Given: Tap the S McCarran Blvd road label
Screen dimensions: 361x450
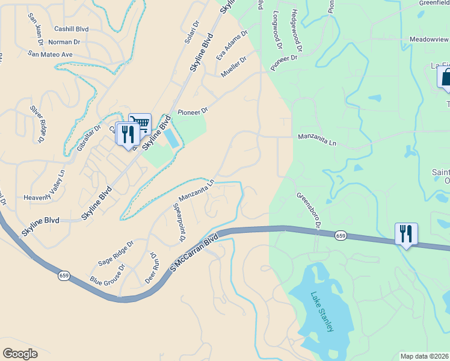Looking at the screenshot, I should pyautogui.click(x=194, y=248).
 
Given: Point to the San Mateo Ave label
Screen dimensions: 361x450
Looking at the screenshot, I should pyautogui.click(x=50, y=54).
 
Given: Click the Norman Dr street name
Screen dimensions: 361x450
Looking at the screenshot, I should pyautogui.click(x=64, y=42).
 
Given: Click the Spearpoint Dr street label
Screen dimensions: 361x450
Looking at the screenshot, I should pyautogui.click(x=179, y=222).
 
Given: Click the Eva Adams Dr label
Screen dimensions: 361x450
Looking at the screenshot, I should pyautogui.click(x=232, y=46).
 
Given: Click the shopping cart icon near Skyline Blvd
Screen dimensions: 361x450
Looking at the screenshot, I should pyautogui.click(x=140, y=125).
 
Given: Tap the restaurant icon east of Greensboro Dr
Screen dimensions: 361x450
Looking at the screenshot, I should pyautogui.click(x=406, y=233).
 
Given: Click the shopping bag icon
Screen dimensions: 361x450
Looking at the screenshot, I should pyautogui.click(x=446, y=78).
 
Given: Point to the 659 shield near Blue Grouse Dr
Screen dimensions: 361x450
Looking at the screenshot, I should pyautogui.click(x=64, y=276).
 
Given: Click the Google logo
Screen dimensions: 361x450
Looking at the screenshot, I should pyautogui.click(x=20, y=354).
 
